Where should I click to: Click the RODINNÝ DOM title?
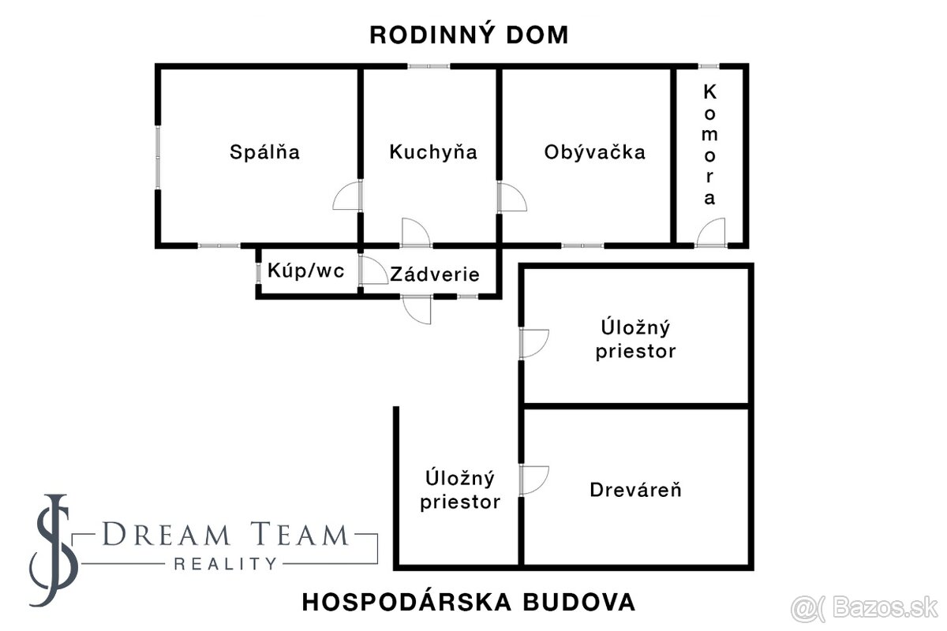point(469,35)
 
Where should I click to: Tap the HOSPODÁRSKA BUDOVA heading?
point(469,602)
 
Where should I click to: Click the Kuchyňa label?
point(433,151)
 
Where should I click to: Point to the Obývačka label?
point(594,151)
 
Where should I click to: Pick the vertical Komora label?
point(710,144)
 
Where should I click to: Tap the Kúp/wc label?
point(306,271)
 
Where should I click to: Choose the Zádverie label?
point(435,274)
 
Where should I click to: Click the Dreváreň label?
point(635,490)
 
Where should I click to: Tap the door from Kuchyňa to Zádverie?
point(416,233)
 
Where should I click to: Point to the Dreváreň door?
point(533,480)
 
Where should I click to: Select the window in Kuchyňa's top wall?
point(429,66)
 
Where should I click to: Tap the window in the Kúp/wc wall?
point(258,271)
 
